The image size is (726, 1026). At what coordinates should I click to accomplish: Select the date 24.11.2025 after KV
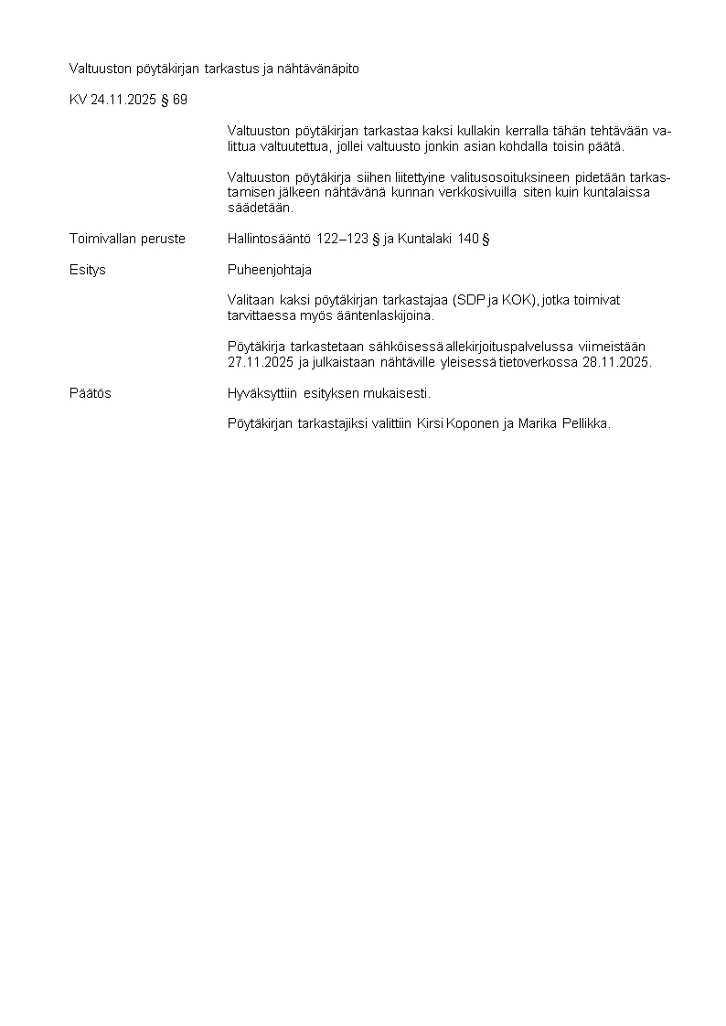(x=123, y=100)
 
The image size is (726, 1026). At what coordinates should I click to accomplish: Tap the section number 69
(x=179, y=100)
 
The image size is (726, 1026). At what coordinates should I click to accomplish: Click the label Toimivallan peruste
(x=127, y=239)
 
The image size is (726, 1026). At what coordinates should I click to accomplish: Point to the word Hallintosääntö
(x=270, y=239)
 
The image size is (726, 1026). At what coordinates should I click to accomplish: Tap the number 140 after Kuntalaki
(x=468, y=239)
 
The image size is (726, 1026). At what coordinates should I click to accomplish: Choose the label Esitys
(x=88, y=270)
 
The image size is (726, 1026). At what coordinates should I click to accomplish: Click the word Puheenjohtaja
(x=270, y=270)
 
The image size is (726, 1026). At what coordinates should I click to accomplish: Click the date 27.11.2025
(x=261, y=362)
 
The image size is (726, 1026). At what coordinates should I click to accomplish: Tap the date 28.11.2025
(x=615, y=362)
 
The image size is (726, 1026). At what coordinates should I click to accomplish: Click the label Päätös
(x=91, y=393)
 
